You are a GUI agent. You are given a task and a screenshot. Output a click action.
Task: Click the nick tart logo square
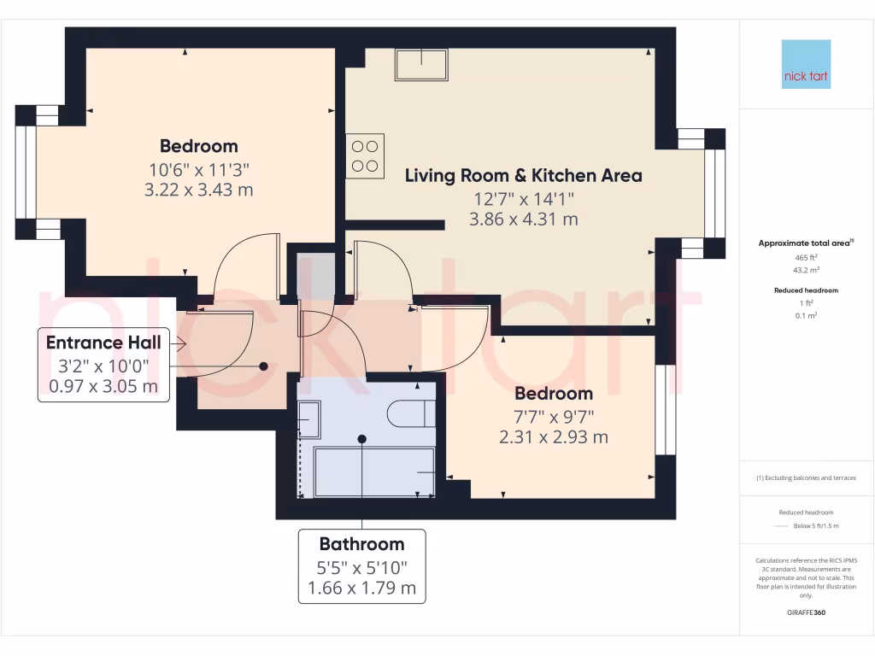[806, 65]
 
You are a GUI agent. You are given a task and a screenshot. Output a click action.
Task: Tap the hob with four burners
[365, 155]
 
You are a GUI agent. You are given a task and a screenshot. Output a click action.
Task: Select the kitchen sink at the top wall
[421, 64]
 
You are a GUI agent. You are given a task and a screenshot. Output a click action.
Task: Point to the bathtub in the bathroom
[374, 471]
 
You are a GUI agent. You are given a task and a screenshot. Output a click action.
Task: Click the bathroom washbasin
[308, 419]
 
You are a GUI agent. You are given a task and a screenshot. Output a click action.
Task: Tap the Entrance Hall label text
[103, 343]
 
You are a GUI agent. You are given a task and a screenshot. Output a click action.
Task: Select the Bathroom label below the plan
[361, 543]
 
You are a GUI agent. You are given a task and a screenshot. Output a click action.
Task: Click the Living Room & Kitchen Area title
[523, 176]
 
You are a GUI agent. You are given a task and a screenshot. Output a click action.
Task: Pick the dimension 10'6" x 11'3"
[198, 168]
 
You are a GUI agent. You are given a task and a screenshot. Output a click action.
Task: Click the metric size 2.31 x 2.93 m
[554, 437]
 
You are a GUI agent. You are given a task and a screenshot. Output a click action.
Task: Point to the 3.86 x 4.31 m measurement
[523, 219]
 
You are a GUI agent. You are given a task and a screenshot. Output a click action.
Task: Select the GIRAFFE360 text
[806, 612]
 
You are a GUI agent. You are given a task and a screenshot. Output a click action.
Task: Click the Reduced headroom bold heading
[806, 290]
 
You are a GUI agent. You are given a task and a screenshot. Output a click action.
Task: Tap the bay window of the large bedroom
[26, 172]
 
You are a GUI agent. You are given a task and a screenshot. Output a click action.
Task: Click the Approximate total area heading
[804, 243]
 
